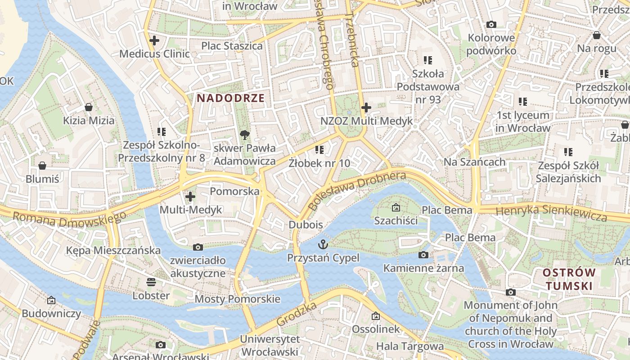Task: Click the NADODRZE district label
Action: (x=230, y=98)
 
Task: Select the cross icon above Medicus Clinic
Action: (x=154, y=40)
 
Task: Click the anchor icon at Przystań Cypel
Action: (x=323, y=245)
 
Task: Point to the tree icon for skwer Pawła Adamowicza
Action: (x=245, y=134)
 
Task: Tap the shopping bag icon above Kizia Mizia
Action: (x=89, y=107)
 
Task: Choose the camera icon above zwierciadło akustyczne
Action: (x=198, y=247)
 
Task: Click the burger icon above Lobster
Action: (x=151, y=282)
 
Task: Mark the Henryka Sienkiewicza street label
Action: (x=551, y=212)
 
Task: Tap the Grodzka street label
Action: (x=297, y=314)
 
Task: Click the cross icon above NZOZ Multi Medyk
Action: (x=366, y=108)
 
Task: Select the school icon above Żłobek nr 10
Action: (x=319, y=149)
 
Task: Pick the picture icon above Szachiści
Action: (x=396, y=207)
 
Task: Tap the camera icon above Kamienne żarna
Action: (x=423, y=255)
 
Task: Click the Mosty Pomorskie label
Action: (x=237, y=299)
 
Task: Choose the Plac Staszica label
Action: (x=232, y=46)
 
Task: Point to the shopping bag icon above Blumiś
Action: (x=42, y=166)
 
